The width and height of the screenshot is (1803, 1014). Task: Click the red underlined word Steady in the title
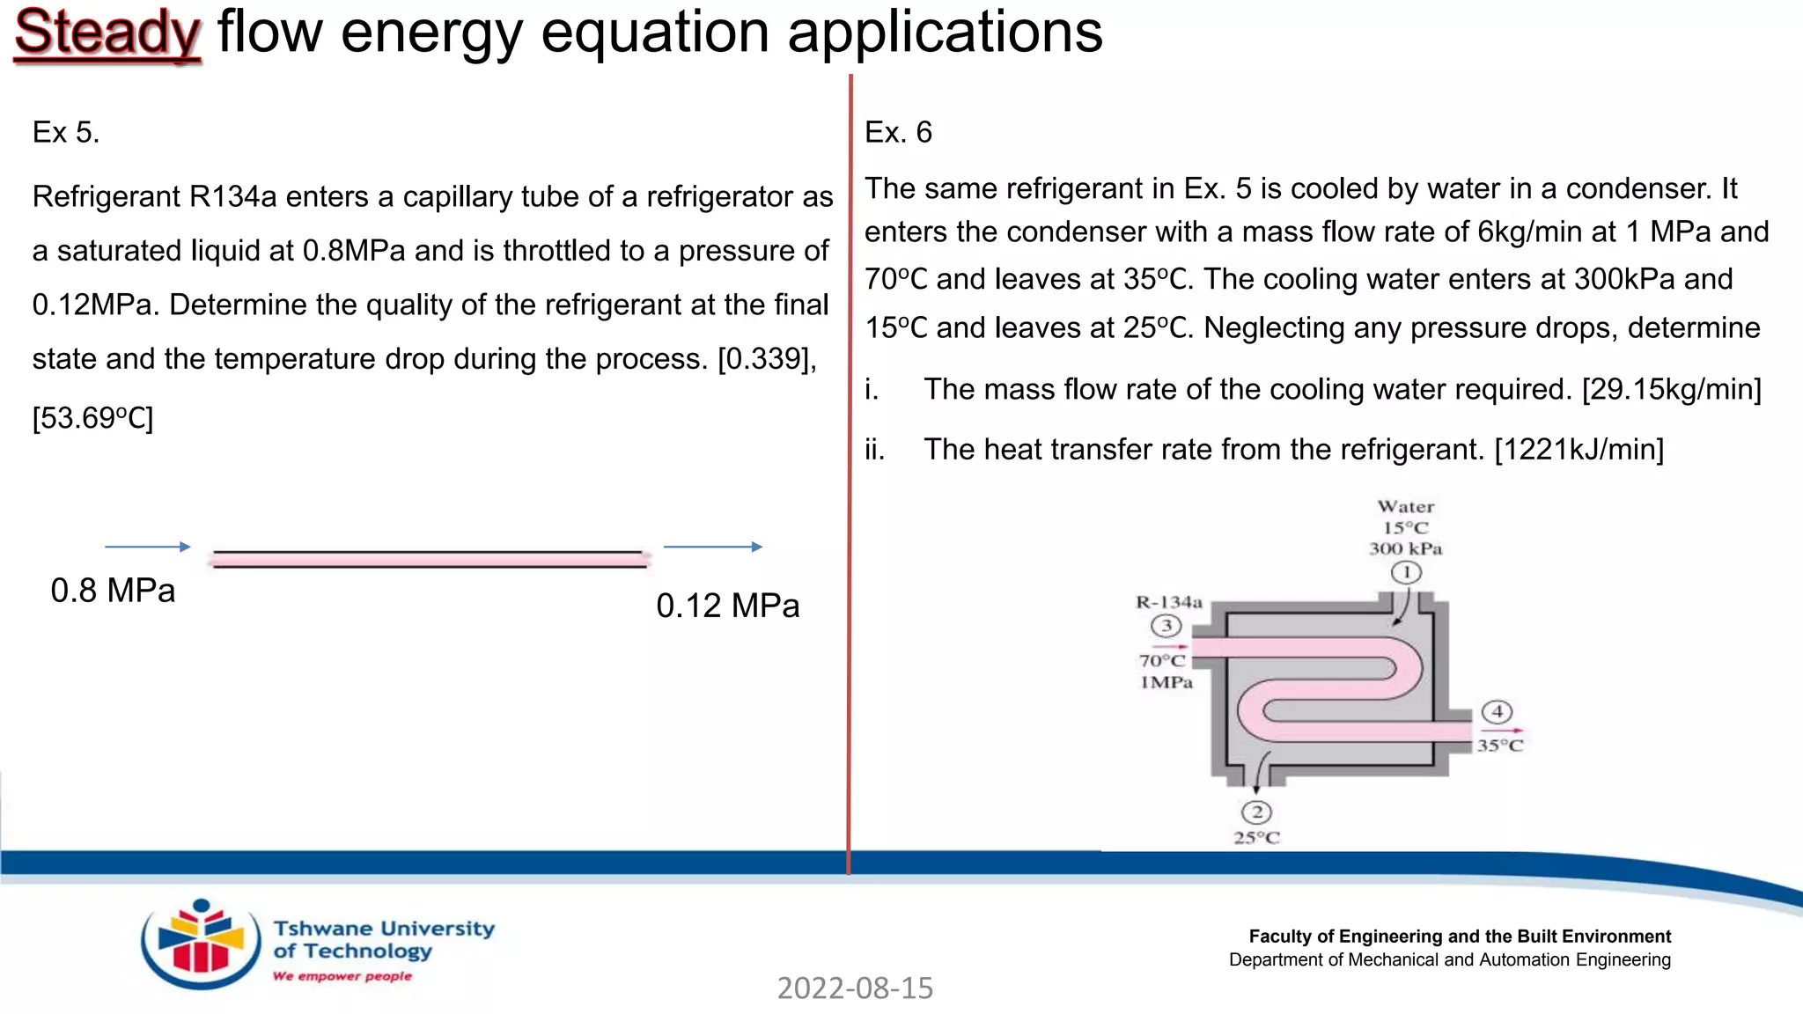[x=107, y=33]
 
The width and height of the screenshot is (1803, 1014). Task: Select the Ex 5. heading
[x=66, y=132]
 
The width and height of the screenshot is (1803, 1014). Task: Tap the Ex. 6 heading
[x=897, y=132]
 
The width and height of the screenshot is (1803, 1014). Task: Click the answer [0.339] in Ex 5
[x=767, y=359]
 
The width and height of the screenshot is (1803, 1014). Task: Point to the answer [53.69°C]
[x=92, y=418]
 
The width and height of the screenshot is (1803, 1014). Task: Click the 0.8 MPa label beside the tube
[x=113, y=591]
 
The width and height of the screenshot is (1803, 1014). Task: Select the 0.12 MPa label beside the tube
[x=727, y=606]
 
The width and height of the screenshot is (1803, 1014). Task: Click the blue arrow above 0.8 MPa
[x=147, y=547]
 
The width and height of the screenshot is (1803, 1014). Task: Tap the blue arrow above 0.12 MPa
[x=712, y=547]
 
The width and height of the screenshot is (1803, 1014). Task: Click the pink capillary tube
[x=430, y=559]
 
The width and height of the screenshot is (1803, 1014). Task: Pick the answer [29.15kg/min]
[x=1671, y=389]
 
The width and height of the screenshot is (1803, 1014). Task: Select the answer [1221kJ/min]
[x=1579, y=450]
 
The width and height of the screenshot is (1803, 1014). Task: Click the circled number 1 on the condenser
[x=1406, y=573]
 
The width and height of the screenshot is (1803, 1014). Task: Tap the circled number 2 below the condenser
[x=1256, y=812]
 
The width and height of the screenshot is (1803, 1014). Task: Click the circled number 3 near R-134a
[x=1166, y=626]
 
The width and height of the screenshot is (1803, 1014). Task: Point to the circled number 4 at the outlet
[x=1497, y=711]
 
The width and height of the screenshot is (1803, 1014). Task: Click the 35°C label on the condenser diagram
[x=1499, y=746]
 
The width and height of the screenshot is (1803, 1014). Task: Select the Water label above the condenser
[x=1405, y=507]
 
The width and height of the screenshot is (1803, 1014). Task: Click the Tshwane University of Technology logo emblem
[x=201, y=944]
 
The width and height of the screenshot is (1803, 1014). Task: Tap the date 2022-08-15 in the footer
[x=855, y=988]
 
